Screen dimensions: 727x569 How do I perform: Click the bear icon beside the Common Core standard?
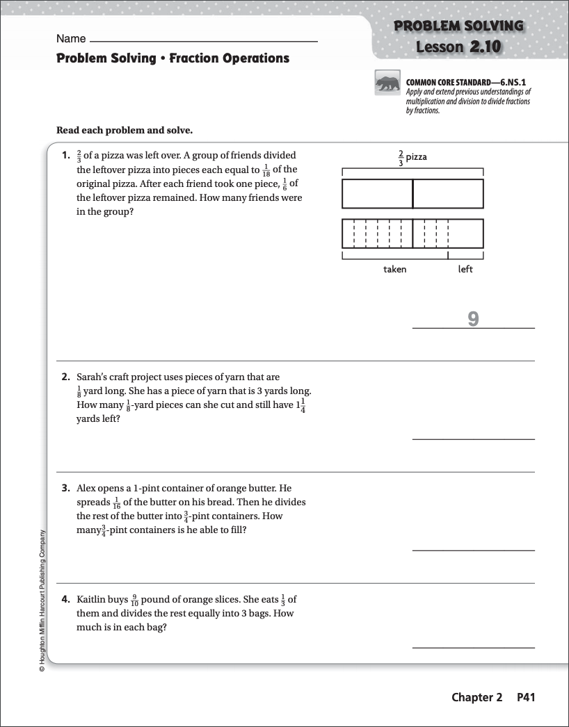click(388, 83)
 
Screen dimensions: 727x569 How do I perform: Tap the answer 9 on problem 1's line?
click(473, 318)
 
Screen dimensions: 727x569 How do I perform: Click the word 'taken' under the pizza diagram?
click(394, 269)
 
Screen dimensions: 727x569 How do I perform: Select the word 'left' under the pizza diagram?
click(465, 269)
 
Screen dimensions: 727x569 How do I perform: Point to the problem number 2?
click(65, 377)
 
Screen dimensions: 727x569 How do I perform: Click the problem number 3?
click(65, 488)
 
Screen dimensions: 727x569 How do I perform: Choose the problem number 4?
click(65, 599)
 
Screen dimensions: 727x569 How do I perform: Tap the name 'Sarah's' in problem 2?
click(93, 377)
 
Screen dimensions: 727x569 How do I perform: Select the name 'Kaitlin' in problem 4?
click(92, 599)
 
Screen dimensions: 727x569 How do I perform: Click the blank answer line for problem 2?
click(473, 439)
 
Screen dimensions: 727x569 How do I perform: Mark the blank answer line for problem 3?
click(473, 550)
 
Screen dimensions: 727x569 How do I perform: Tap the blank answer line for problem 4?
click(473, 647)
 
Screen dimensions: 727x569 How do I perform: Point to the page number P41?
click(525, 697)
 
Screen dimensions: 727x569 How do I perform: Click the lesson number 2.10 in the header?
click(484, 47)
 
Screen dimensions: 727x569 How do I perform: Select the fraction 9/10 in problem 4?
click(135, 600)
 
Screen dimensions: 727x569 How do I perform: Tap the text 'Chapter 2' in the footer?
click(476, 697)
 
